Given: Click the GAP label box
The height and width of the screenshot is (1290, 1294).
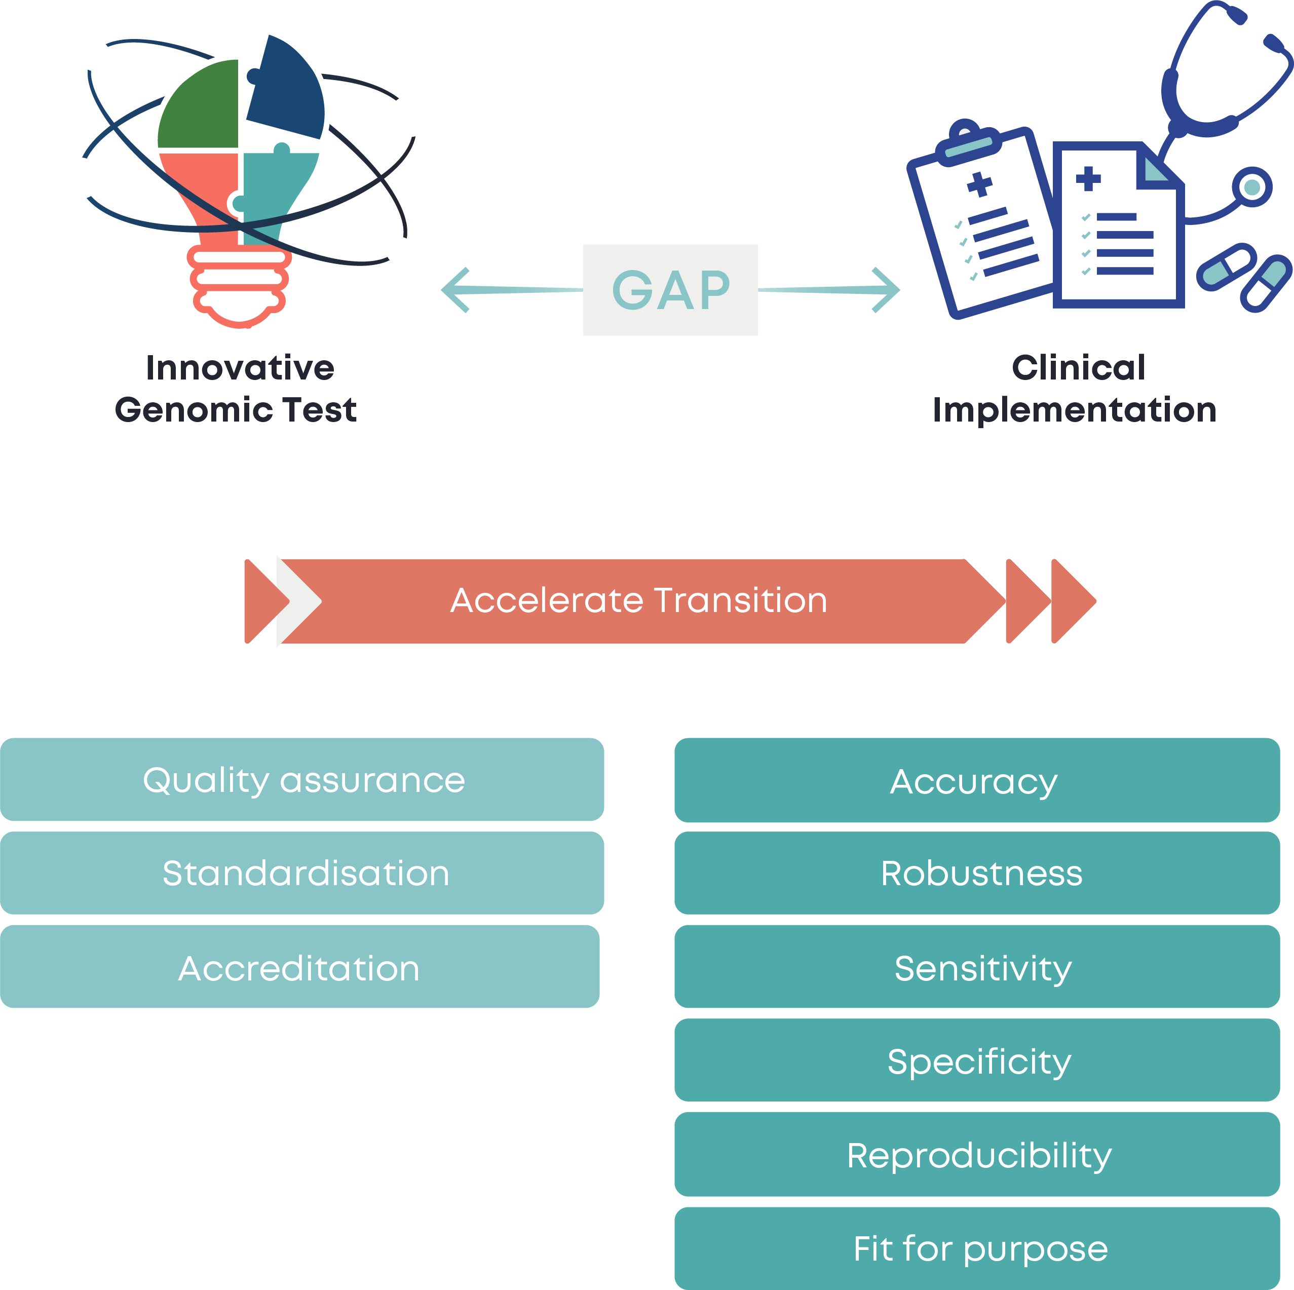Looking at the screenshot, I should pyautogui.click(x=670, y=290).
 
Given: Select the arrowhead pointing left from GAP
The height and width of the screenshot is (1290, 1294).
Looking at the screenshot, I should pyautogui.click(x=455, y=290).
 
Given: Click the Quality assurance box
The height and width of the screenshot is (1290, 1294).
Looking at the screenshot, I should pyautogui.click(x=302, y=780).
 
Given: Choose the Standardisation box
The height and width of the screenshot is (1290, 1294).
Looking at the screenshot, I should pyautogui.click(x=302, y=872).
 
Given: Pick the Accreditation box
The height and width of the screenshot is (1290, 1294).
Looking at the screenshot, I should pyautogui.click(x=299, y=967).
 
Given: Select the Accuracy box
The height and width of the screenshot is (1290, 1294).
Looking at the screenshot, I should pyautogui.click(x=976, y=780).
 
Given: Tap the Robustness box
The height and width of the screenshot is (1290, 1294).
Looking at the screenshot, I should pyautogui.click(x=976, y=872).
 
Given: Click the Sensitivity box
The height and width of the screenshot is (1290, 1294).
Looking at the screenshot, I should pyautogui.click(x=976, y=967).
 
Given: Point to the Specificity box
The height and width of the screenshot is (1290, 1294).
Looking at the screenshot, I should pyautogui.click(x=976, y=1060).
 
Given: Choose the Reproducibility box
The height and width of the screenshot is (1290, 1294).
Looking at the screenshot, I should pyautogui.click(x=976, y=1154).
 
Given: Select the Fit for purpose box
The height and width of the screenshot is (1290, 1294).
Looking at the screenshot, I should pyautogui.click(x=976, y=1248).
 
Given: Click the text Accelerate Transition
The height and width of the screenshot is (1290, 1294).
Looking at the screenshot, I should pyautogui.click(x=639, y=600).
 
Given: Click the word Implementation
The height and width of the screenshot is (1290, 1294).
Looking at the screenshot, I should pyautogui.click(x=1074, y=410).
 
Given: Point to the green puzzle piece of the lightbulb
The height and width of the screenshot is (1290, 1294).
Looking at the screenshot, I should pyautogui.click(x=201, y=107).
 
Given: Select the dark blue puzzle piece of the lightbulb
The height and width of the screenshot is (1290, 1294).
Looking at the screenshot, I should pyautogui.click(x=288, y=90).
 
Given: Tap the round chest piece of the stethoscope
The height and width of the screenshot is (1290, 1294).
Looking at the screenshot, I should pyautogui.click(x=1251, y=187).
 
